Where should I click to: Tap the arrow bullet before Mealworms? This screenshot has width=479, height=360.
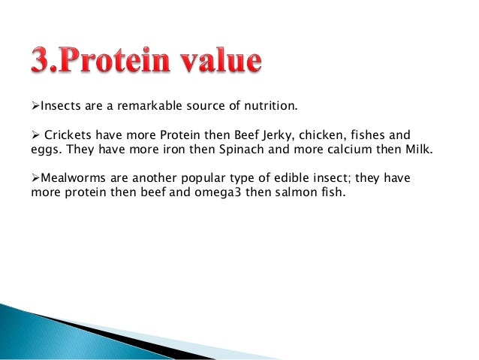coord(35,180)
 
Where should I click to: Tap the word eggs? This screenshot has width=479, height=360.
coord(44,149)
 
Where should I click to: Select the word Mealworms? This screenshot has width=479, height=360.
coord(70,180)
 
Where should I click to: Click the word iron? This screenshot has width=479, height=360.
coord(174,149)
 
